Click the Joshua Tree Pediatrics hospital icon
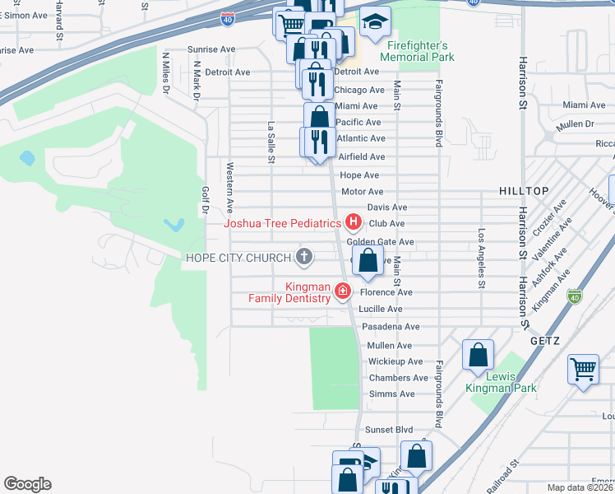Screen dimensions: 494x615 (x=354, y=222)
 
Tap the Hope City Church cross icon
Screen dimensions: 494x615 (x=304, y=257)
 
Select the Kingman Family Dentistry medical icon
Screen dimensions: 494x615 (x=342, y=291)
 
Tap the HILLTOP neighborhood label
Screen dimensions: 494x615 (x=524, y=191)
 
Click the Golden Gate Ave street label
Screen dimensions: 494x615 (x=380, y=242)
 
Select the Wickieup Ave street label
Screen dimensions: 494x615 (x=395, y=361)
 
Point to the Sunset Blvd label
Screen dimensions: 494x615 (x=389, y=430)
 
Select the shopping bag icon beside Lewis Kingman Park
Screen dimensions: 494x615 (x=478, y=356)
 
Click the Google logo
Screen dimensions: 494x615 (x=27, y=484)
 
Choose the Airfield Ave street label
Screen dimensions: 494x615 (x=362, y=156)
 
